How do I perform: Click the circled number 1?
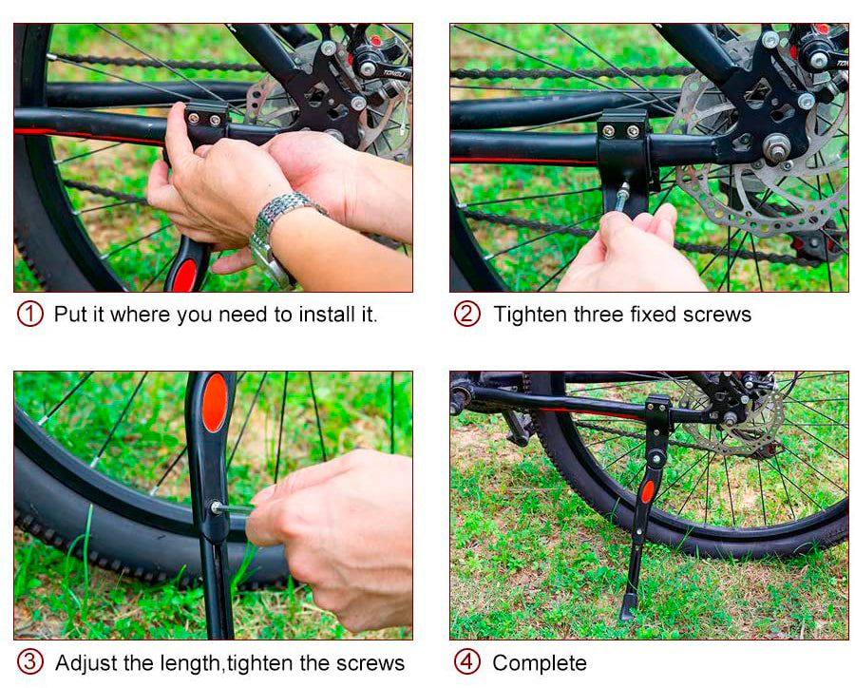[x=30, y=314]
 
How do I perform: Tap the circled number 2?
[x=467, y=314]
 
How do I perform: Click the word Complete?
[x=540, y=663]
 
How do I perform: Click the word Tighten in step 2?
[x=530, y=315]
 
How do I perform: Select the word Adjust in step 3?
[x=86, y=664]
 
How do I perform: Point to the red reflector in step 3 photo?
[x=215, y=403]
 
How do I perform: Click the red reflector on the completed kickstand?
[x=647, y=491]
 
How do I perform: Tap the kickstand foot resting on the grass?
[x=628, y=607]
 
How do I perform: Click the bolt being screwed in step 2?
[x=622, y=198]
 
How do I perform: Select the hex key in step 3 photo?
[x=234, y=509]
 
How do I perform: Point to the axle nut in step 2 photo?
[x=776, y=148]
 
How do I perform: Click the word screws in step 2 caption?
[x=717, y=315]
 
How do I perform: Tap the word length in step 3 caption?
[x=190, y=664]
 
